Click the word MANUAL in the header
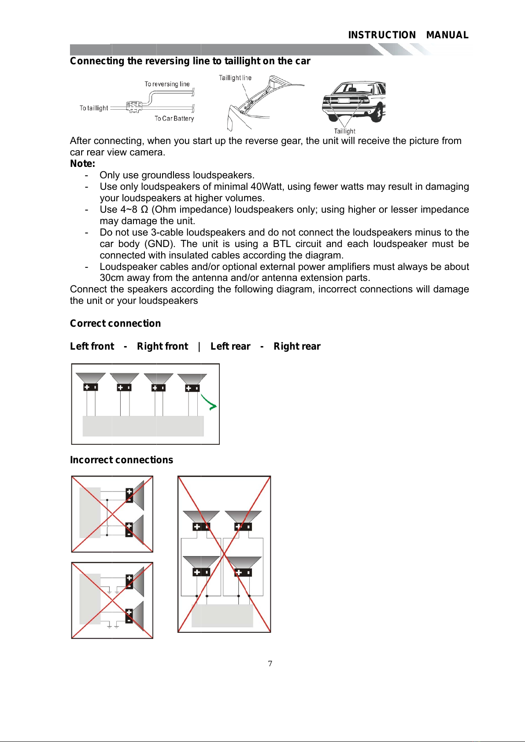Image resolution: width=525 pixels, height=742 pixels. point(447,35)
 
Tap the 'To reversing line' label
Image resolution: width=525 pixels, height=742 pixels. point(167,84)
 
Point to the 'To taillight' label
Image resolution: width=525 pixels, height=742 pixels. point(94,108)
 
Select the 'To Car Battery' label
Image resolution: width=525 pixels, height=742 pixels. point(174,118)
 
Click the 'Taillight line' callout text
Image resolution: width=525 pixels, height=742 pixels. point(235,78)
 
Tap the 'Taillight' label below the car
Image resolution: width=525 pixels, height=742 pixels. point(344,131)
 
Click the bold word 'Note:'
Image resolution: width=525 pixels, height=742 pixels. point(82,164)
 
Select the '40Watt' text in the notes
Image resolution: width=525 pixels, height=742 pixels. point(266,187)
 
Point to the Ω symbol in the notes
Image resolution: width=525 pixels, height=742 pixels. point(144,210)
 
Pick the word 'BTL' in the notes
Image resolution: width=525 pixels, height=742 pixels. point(281,244)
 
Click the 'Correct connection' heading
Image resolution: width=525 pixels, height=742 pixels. point(115,324)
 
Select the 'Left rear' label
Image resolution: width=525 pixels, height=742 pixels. point(230,347)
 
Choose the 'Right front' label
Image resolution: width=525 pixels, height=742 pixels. point(163,347)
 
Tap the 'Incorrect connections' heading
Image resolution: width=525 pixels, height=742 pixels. point(122,460)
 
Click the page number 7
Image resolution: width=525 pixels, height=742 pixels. point(270,664)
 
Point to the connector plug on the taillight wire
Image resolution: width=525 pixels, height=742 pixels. point(134,107)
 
